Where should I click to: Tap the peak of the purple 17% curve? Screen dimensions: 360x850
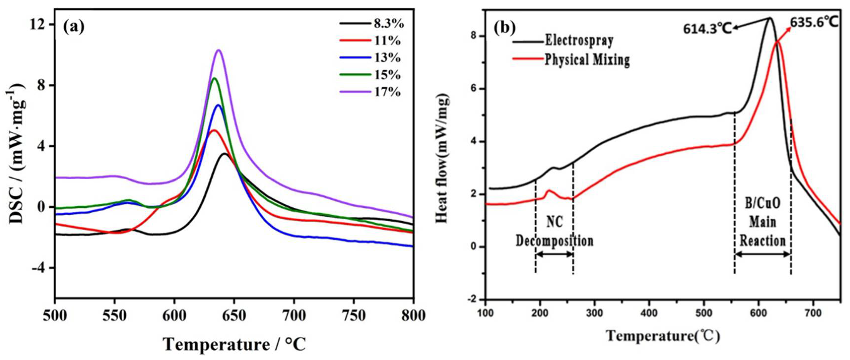click(x=218, y=50)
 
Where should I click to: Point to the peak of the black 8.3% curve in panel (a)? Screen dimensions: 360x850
click(x=224, y=154)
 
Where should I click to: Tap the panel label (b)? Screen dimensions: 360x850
click(x=504, y=28)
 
